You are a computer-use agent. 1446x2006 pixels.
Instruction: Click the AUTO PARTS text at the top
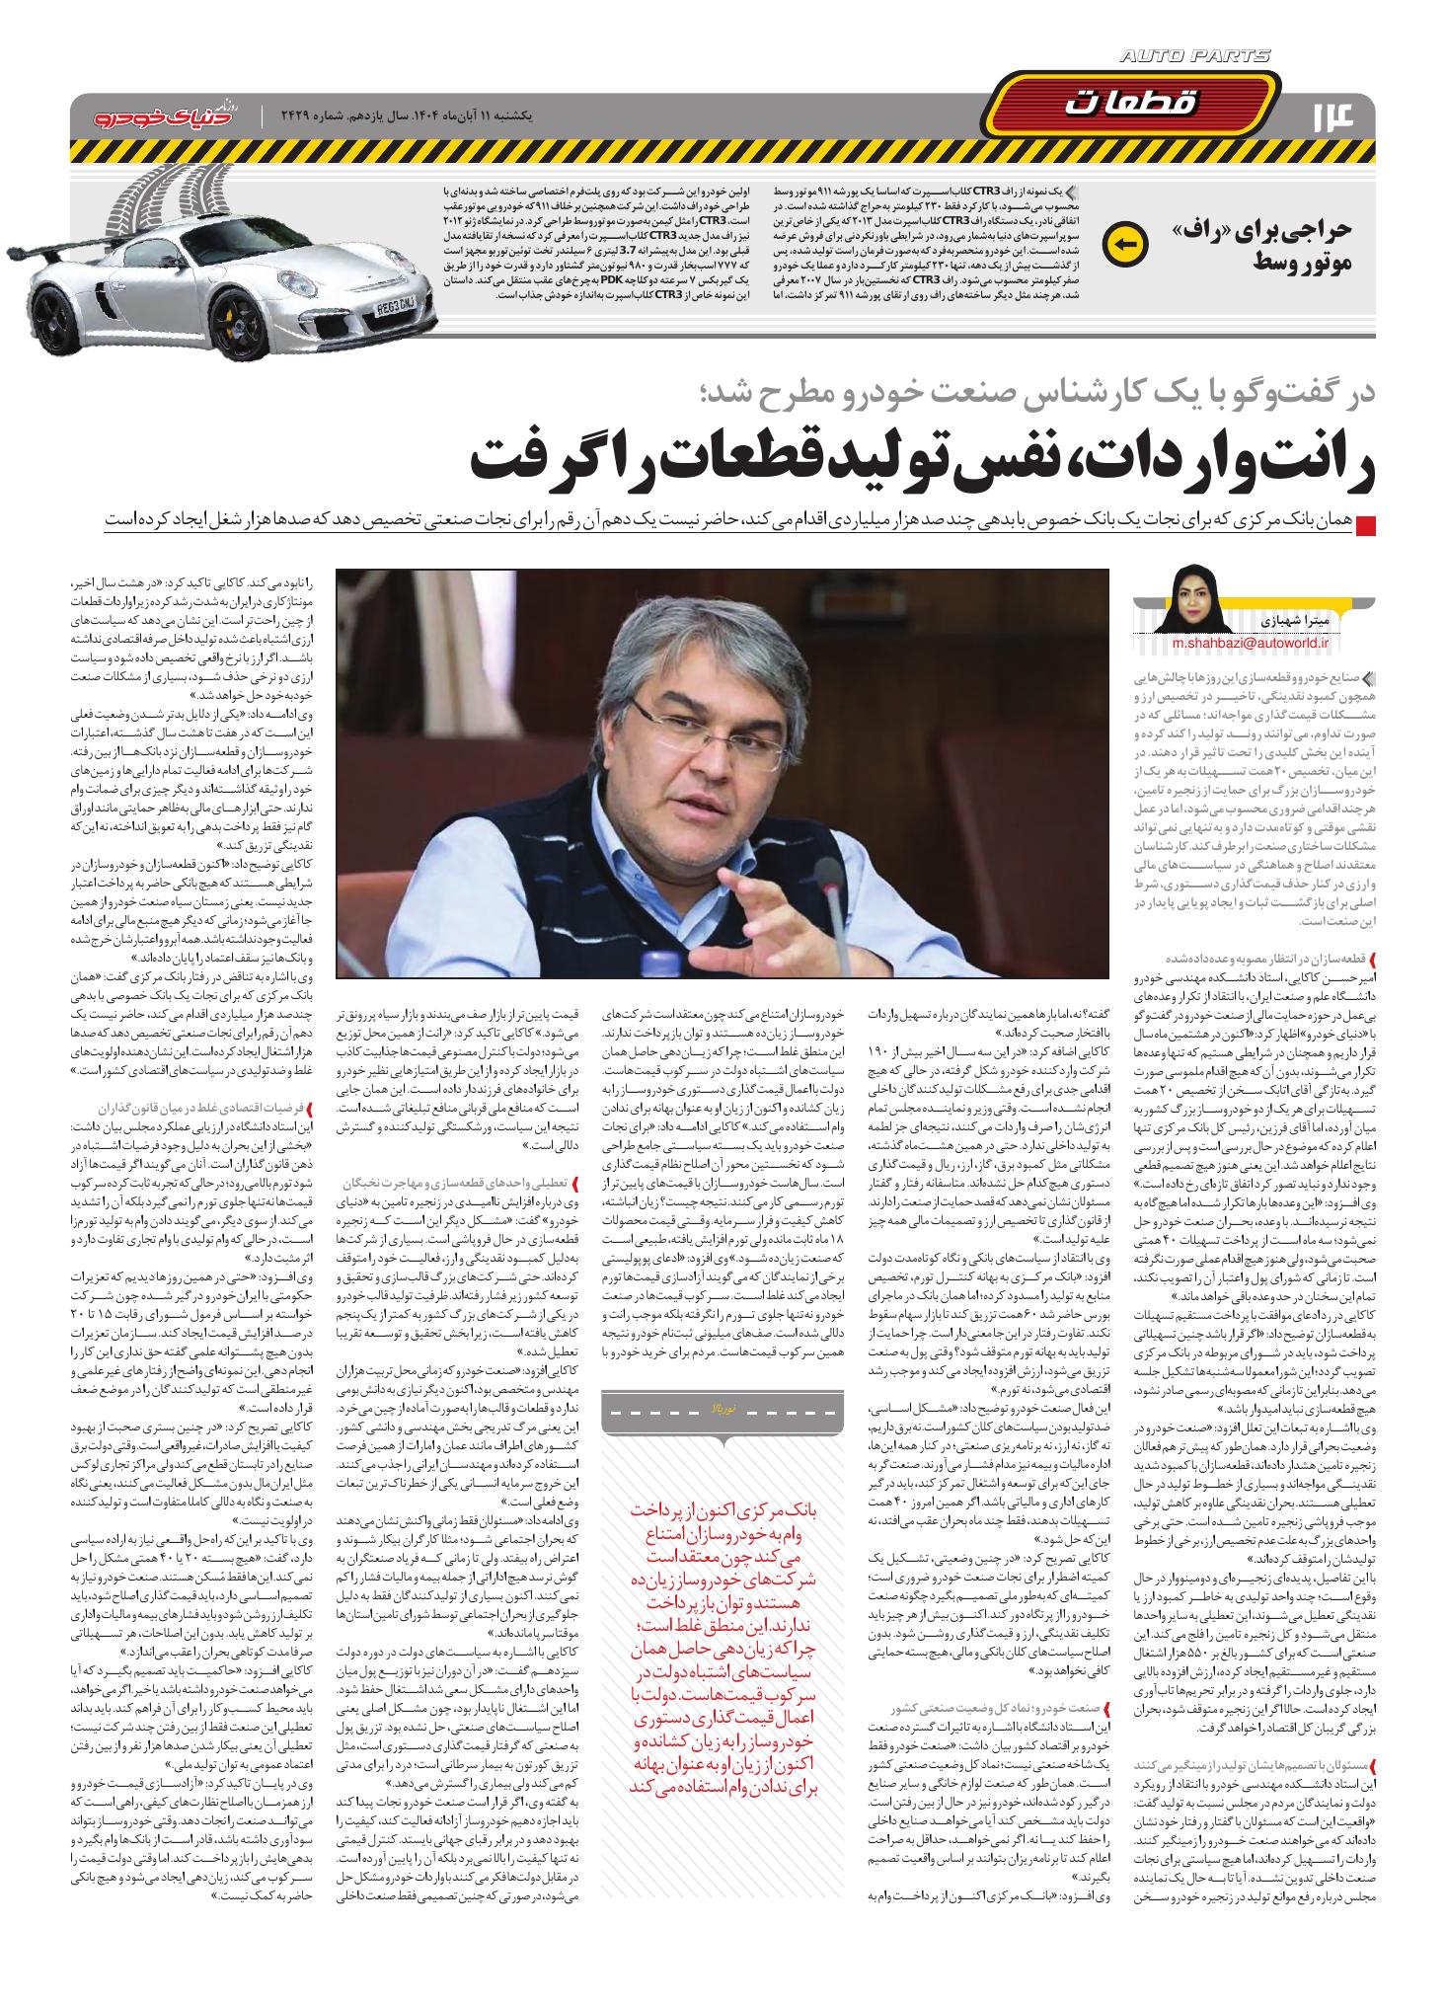pyautogui.click(x=1195, y=57)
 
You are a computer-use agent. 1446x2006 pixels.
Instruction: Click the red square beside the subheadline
pyautogui.click(x=1366, y=525)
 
